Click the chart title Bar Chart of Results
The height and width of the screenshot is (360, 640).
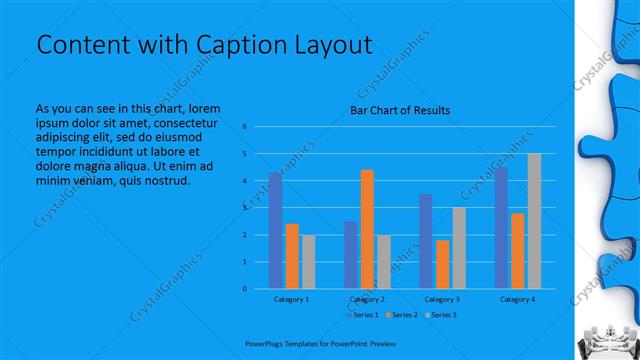click(x=399, y=110)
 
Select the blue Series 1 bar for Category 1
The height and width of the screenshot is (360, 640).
click(x=275, y=230)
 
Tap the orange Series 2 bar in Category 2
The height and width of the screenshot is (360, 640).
click(x=367, y=229)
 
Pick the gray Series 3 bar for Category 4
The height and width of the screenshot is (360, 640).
click(x=534, y=221)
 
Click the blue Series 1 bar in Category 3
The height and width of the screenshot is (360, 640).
click(x=426, y=241)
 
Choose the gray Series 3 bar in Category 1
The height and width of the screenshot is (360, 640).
click(x=308, y=262)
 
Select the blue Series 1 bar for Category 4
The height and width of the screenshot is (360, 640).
click(x=501, y=228)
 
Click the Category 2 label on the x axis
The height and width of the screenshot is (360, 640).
click(x=367, y=299)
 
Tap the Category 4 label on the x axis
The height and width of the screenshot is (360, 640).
click(x=517, y=299)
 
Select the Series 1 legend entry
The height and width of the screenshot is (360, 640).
click(x=364, y=315)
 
